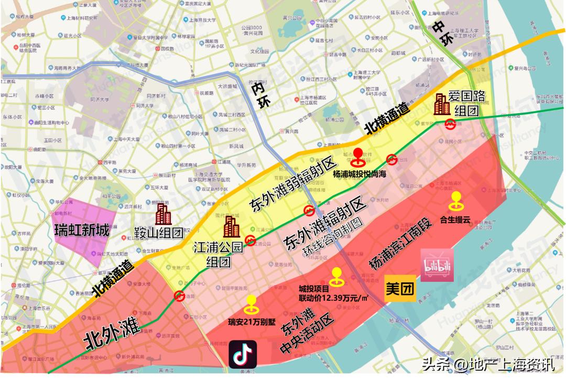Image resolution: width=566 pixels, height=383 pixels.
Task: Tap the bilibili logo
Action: tap(437, 265)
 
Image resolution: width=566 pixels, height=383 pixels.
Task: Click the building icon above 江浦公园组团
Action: tap(231, 226)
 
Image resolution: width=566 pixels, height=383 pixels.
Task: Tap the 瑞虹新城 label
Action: tap(82, 231)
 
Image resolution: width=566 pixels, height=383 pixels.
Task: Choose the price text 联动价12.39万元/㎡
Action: tap(333, 299)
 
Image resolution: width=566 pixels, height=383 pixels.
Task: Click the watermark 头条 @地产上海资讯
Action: tap(488, 364)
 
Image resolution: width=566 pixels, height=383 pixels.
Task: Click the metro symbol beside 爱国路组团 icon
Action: tap(450, 124)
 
